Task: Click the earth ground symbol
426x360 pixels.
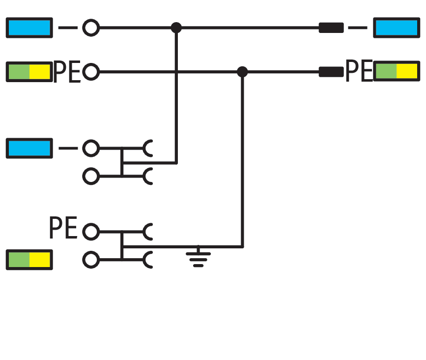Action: click(x=199, y=257)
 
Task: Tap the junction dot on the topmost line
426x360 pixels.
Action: click(x=176, y=28)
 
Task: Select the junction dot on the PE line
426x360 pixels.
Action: click(x=242, y=72)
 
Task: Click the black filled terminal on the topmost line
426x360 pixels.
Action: click(x=331, y=28)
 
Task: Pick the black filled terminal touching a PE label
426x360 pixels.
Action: click(x=331, y=72)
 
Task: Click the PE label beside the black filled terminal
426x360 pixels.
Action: click(x=359, y=71)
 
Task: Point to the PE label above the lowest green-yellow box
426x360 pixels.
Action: click(x=63, y=228)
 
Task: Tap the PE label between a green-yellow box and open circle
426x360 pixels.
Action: click(x=67, y=71)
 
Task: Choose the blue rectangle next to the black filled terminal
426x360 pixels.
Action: click(x=397, y=28)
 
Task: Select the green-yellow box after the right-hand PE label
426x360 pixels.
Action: click(x=397, y=71)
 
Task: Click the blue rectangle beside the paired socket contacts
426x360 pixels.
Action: click(x=29, y=148)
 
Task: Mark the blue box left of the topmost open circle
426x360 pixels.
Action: click(x=29, y=28)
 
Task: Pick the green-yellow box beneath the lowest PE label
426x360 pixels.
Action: click(x=29, y=260)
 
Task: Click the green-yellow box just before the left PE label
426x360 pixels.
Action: click(x=29, y=72)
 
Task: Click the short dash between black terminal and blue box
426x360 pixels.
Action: click(x=358, y=28)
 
